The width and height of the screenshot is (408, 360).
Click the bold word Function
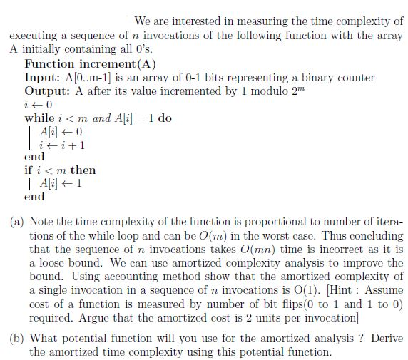click(50, 63)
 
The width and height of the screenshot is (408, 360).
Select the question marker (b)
click(18, 339)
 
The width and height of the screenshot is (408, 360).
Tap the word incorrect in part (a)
click(328, 250)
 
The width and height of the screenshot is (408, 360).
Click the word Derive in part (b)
click(384, 339)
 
